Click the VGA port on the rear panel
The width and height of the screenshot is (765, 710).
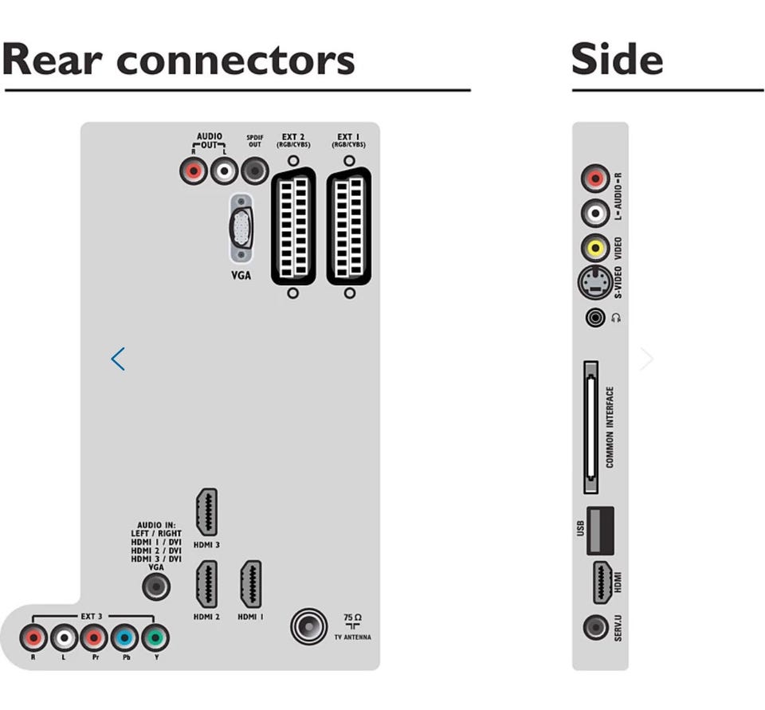(x=241, y=228)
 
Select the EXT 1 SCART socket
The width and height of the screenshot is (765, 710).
(x=349, y=228)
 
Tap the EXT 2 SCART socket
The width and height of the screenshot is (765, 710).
(x=293, y=228)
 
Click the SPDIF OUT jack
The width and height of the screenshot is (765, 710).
(x=254, y=170)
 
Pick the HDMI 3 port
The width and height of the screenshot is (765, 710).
(x=206, y=512)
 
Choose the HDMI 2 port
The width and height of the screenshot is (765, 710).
(x=206, y=584)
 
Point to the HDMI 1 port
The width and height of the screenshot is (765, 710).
(x=251, y=584)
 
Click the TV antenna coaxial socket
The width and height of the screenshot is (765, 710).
(x=308, y=626)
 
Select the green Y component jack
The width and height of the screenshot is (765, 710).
(x=155, y=637)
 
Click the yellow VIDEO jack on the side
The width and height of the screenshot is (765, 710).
(x=595, y=247)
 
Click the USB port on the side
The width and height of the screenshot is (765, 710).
(x=601, y=530)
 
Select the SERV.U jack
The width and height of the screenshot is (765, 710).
(x=595, y=627)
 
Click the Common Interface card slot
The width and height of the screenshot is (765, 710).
(x=590, y=429)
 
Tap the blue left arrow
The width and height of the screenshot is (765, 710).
(x=118, y=359)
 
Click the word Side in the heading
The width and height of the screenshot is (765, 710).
(x=617, y=60)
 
